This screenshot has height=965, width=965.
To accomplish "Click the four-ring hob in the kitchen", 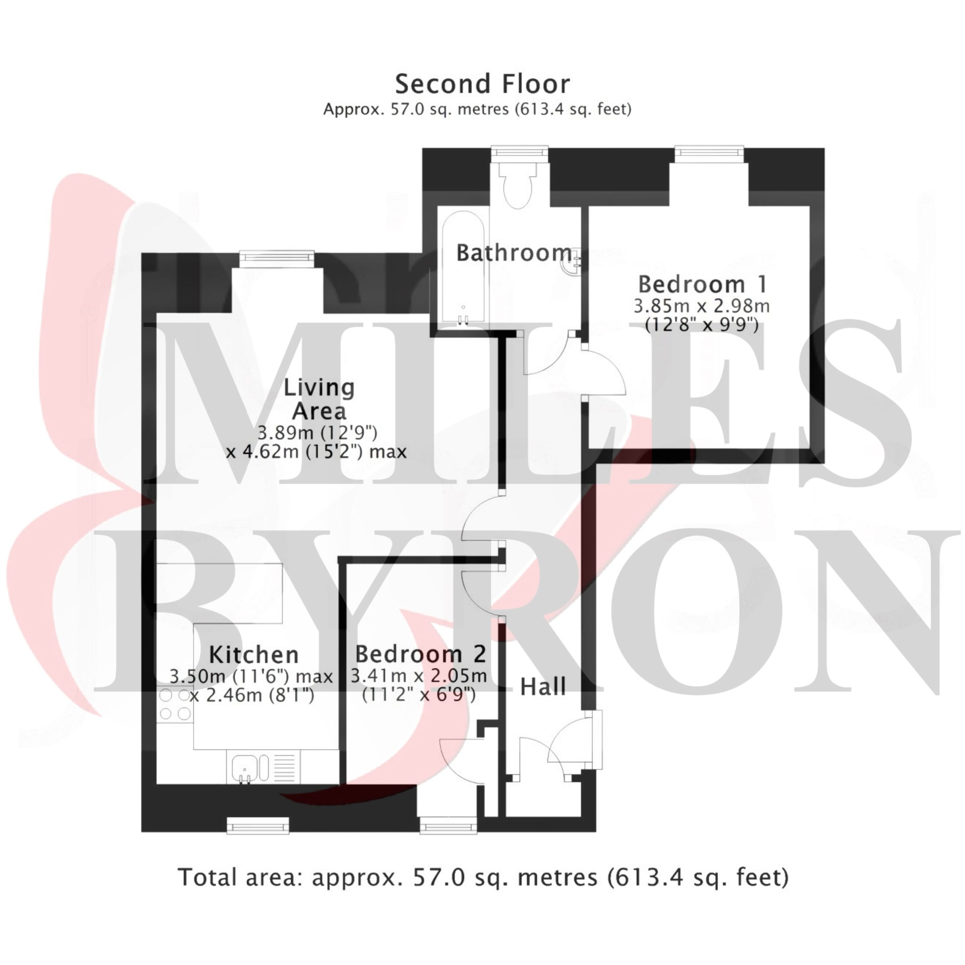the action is click(x=175, y=705).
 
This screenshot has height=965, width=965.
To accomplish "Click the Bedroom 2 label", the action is click(x=421, y=654).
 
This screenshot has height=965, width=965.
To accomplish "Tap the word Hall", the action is click(x=543, y=687).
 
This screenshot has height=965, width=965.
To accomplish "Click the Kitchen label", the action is click(x=254, y=654).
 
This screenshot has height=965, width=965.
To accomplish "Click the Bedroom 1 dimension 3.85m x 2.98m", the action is click(x=702, y=306).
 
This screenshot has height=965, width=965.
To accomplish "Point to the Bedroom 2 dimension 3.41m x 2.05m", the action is click(x=419, y=676).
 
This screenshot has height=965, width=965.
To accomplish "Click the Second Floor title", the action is click(x=482, y=84).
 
